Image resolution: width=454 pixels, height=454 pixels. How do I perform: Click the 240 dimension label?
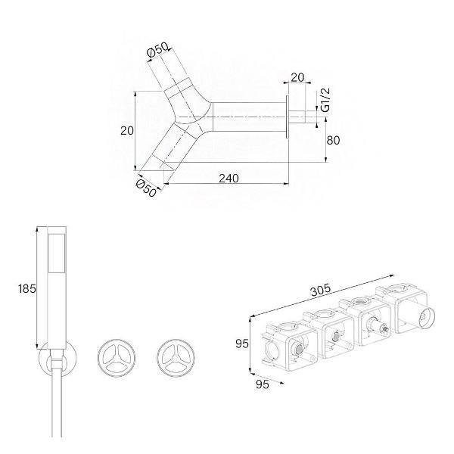coord(229,178)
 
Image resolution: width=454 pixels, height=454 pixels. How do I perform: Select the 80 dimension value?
coord(333,140)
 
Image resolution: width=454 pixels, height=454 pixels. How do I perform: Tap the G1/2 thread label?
coord(325,100)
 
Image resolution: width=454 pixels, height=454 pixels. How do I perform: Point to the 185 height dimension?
coord(27,288)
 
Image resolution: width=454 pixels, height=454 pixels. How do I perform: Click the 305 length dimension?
coord(321,290)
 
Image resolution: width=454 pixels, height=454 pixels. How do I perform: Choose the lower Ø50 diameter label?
coord(146,188)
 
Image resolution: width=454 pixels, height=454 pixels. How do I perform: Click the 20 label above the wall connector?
coord(297,77)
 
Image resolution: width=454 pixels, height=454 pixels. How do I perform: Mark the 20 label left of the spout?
coord(127,131)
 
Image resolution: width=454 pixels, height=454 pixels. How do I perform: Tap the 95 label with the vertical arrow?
coord(242,344)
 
